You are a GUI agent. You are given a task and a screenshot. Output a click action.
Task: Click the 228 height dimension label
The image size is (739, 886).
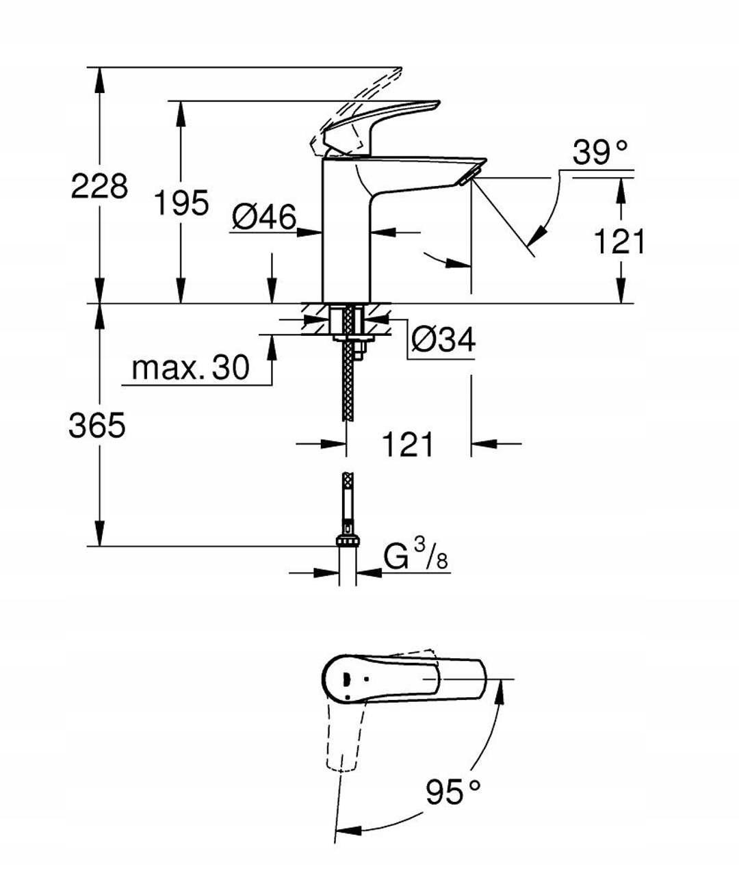[x=99, y=186]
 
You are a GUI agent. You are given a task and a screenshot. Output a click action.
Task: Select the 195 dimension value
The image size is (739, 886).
[x=181, y=203]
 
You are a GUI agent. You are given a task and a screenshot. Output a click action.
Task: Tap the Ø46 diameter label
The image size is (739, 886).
[x=264, y=218]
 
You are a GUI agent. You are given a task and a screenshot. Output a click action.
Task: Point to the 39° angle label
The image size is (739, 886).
[x=600, y=153]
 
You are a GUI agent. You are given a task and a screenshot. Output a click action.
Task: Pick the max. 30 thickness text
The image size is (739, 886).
[x=190, y=368]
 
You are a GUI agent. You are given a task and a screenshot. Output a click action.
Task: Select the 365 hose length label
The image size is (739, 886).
[x=97, y=426]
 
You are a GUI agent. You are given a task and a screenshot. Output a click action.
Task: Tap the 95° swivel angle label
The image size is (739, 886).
[x=452, y=792]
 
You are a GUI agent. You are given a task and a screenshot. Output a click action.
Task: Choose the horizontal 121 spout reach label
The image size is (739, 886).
[x=407, y=445]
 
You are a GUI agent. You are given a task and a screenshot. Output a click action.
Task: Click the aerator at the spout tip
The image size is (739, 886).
[x=467, y=179]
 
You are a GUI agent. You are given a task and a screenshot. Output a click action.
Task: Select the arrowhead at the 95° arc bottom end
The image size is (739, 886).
[x=348, y=831]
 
